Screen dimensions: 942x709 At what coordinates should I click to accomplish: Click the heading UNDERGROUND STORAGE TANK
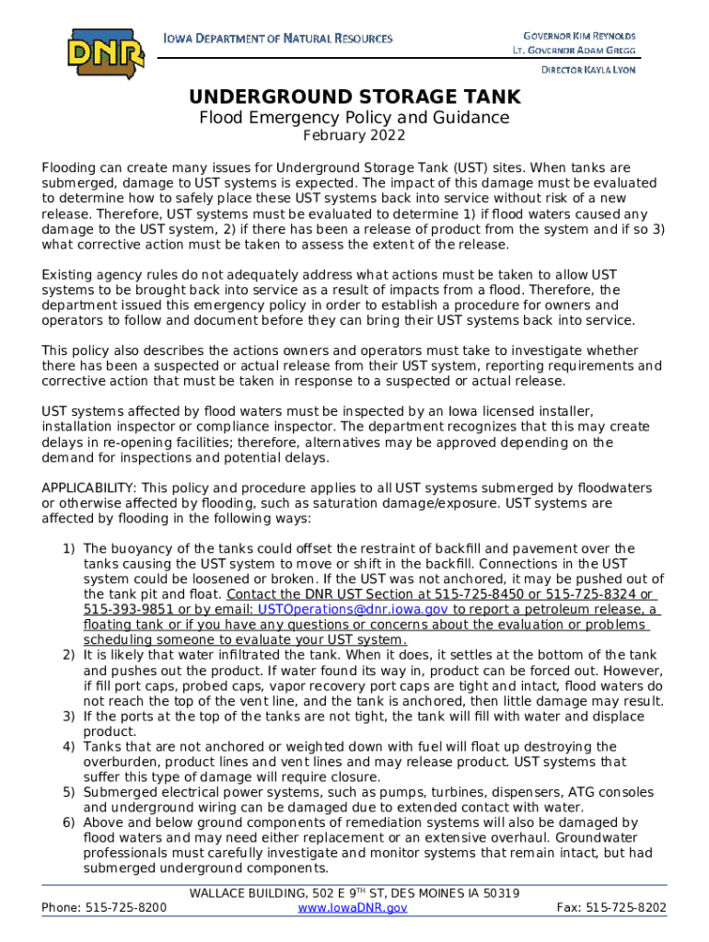coord(354,97)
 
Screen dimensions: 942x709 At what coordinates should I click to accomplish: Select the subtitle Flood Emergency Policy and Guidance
coord(354,118)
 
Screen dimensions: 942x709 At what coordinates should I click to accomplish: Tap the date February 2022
coord(354,136)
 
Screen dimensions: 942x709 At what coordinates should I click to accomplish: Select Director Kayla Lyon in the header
coord(587,70)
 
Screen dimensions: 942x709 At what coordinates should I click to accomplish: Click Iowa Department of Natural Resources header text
coord(277,39)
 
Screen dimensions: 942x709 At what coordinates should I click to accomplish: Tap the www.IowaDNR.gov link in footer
coord(354,907)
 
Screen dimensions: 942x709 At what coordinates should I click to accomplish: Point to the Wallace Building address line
coord(354,892)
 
